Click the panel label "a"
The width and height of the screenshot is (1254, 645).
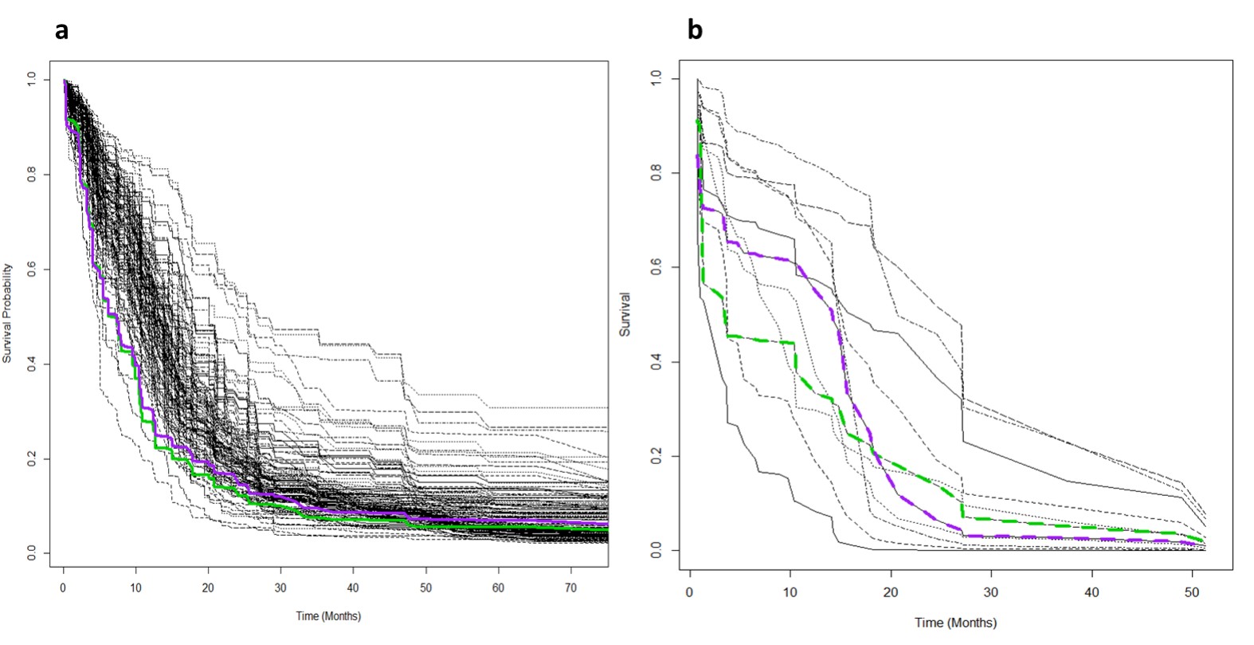(61, 31)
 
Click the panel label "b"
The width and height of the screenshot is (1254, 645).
(695, 31)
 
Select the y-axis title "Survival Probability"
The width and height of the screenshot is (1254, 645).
(7, 314)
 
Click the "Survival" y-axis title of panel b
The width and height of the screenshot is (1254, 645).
(625, 314)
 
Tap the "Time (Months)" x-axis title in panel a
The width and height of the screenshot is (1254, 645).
(328, 616)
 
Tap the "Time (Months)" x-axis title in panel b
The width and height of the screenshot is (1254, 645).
(955, 623)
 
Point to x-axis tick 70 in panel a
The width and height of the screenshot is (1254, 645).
(571, 588)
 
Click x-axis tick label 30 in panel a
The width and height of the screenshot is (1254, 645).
(280, 588)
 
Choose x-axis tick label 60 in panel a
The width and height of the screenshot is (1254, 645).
(499, 588)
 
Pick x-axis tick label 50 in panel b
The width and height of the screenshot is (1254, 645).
(1192, 592)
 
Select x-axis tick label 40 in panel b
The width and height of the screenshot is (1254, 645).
(1091, 592)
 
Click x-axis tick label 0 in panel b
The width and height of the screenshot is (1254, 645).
(690, 592)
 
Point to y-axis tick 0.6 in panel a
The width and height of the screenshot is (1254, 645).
(31, 269)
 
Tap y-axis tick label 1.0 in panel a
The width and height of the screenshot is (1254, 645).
(31, 80)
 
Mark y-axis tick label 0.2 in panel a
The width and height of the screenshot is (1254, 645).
(31, 459)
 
